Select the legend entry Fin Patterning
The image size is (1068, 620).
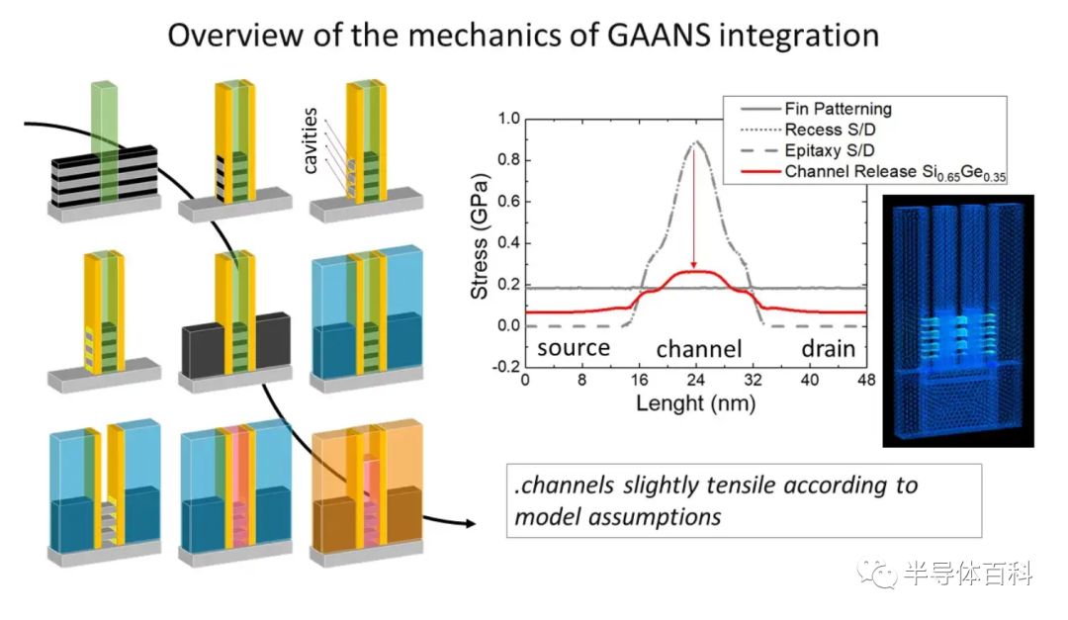[x=838, y=109]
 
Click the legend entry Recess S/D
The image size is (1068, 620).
[x=828, y=130]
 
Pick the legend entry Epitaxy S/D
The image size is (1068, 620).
[x=830, y=149]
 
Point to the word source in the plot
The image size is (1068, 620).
[x=574, y=348]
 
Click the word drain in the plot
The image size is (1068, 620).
[x=827, y=348]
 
